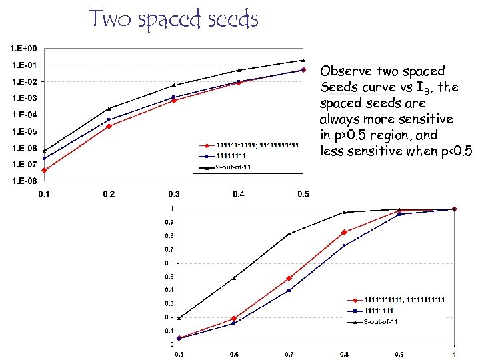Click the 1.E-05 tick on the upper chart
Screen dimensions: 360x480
23,131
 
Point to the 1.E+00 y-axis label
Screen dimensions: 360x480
23,49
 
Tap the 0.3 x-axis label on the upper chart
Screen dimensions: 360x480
173,194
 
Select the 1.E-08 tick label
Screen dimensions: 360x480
23,181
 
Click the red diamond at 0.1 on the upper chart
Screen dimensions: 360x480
44,171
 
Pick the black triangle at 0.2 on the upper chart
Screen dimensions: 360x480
109,109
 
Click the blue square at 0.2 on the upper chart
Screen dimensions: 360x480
109,120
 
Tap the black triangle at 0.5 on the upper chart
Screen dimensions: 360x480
303,60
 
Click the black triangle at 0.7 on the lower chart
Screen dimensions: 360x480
289,233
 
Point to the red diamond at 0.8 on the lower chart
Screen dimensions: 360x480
344,232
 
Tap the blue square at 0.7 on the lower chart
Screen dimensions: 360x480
289,290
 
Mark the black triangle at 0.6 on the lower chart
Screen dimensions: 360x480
234,278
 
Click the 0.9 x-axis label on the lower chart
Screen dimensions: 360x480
399,354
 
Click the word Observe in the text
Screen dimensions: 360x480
346,71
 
